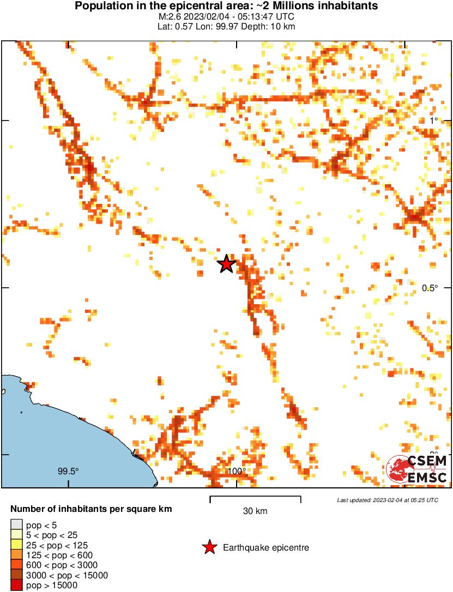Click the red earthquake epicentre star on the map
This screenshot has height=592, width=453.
(226, 264)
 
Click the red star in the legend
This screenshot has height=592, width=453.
(209, 547)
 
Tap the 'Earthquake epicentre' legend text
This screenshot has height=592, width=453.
(266, 547)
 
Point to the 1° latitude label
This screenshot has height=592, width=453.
(433, 120)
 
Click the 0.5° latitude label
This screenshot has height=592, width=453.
(431, 288)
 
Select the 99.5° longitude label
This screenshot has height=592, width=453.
(69, 471)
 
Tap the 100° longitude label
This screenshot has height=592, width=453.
(237, 471)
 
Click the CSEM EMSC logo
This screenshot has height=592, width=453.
(417, 469)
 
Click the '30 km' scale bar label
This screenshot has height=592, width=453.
(255, 511)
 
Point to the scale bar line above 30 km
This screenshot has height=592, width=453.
(255, 497)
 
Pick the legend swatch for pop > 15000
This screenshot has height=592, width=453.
(15, 585)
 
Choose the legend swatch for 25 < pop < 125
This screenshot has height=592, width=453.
(15, 545)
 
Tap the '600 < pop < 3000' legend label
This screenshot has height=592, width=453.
(60, 565)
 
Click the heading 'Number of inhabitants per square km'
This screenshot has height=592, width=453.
(92, 509)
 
